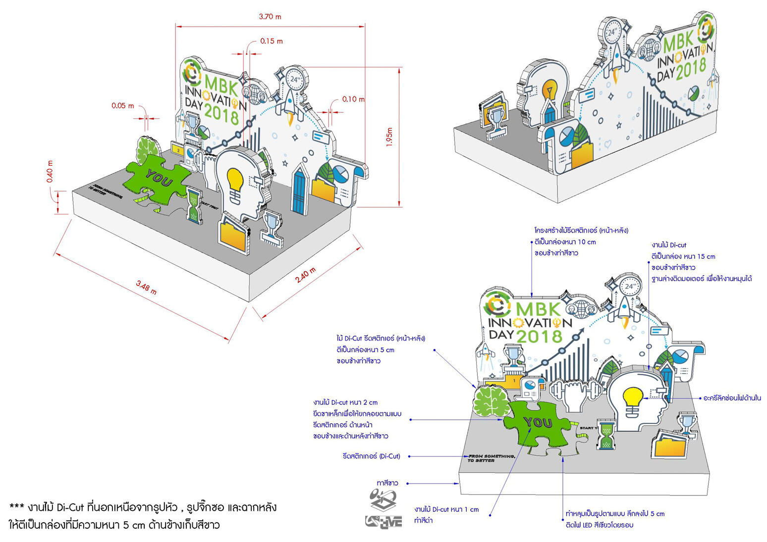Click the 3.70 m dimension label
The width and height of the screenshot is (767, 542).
(270, 17)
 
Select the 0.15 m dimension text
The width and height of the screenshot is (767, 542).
(272, 41)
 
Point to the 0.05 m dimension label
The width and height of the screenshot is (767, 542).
(122, 105)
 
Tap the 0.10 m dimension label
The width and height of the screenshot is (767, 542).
(353, 99)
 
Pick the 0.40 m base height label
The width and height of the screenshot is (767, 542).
(50, 171)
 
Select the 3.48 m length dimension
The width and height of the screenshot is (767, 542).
(146, 287)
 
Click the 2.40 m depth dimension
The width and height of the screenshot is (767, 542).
(305, 275)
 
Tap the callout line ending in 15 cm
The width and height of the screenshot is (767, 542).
(683, 256)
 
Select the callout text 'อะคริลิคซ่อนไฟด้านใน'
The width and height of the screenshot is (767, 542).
(732, 398)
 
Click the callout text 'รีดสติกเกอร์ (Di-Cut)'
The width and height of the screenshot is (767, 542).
(371, 456)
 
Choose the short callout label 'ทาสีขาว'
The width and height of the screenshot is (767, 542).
(387, 483)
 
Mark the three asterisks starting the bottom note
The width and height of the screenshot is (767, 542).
(17, 507)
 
